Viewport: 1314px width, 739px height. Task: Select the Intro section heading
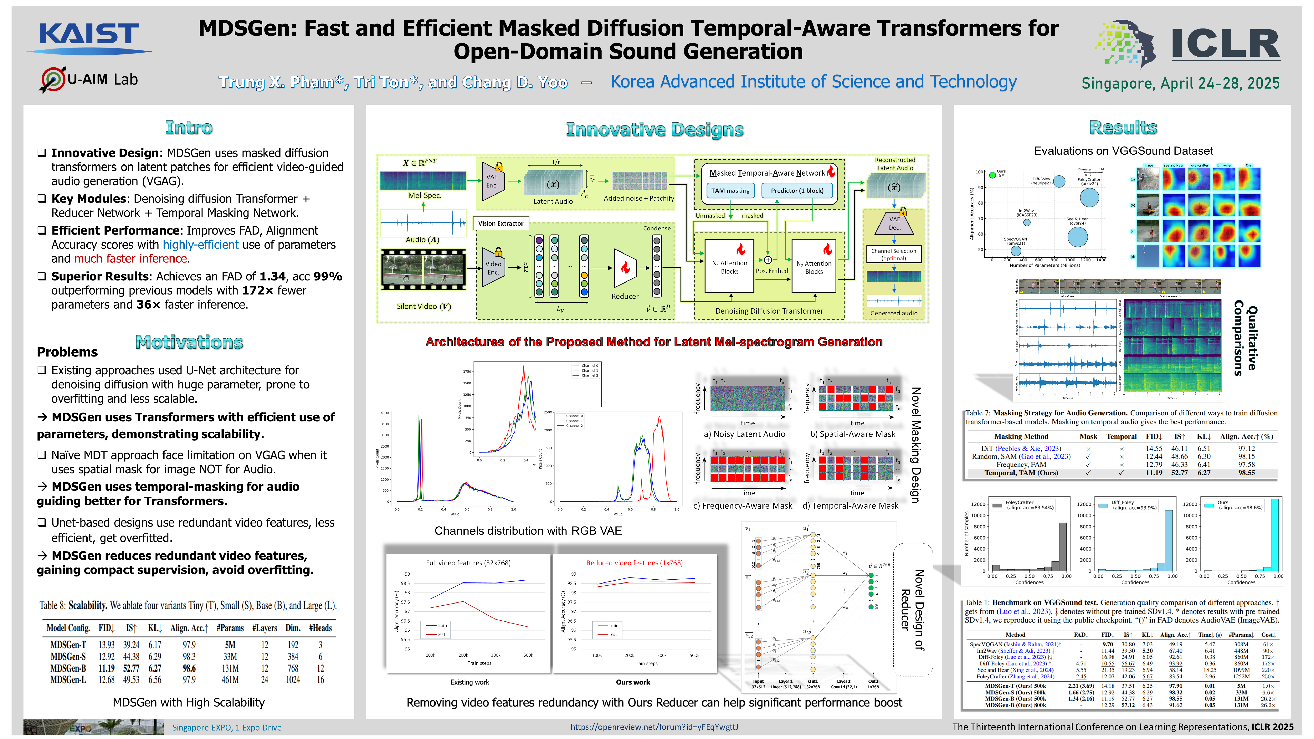tap(189, 128)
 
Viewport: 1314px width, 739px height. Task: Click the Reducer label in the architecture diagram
tap(625, 296)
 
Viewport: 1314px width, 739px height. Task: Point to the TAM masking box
tap(730, 191)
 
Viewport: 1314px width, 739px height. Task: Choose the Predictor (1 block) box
tap(797, 191)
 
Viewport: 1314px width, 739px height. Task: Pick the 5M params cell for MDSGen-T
tap(230, 645)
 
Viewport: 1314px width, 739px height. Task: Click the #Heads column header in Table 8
tap(320, 628)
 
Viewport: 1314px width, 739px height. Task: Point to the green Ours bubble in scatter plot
tap(992, 175)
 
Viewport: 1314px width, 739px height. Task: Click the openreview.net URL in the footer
tap(654, 727)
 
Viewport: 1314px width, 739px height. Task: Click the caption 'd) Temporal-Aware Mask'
tap(850, 505)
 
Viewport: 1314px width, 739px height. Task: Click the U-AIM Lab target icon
tap(52, 80)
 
